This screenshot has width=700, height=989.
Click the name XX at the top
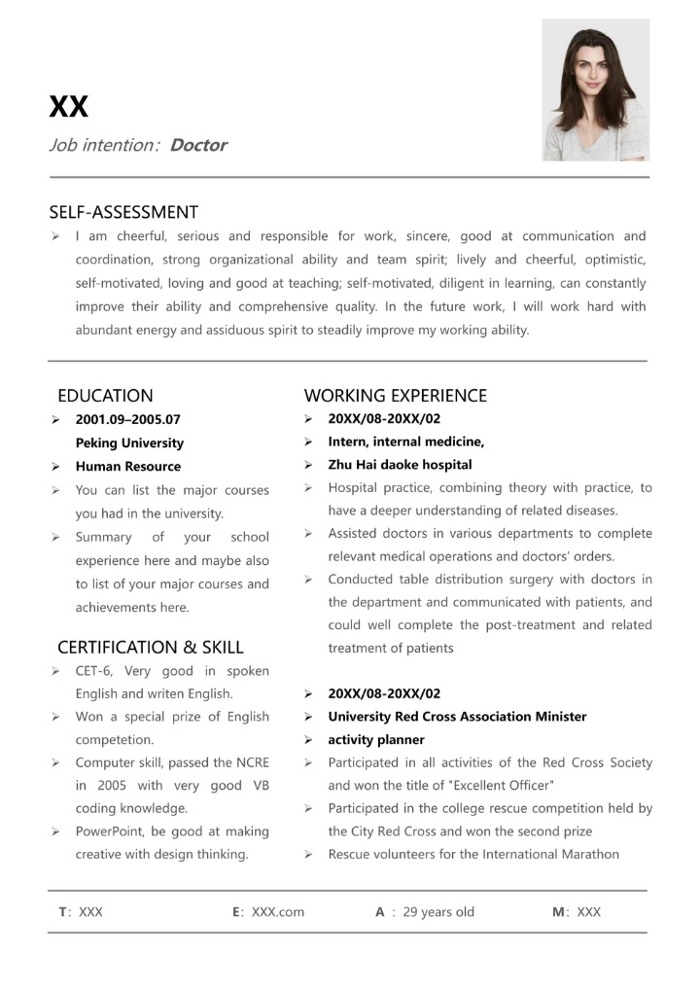tap(68, 106)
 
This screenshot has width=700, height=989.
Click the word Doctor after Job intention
tap(197, 146)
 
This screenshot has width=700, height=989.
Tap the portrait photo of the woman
tap(595, 89)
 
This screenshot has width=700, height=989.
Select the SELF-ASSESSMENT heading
tap(123, 212)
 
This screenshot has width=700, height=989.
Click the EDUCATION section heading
tap(105, 396)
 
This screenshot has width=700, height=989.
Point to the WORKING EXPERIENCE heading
tap(395, 396)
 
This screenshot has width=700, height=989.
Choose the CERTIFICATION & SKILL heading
tap(151, 648)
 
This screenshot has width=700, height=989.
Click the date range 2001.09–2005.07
tap(128, 420)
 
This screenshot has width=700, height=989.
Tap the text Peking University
tap(129, 443)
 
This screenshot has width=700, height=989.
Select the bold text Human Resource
tap(128, 467)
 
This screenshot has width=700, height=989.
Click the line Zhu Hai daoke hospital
tap(400, 465)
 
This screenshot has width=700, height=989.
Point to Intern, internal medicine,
tap(405, 442)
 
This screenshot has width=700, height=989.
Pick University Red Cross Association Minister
tap(457, 717)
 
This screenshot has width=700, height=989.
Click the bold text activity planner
tap(376, 740)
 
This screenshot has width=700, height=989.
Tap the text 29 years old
tap(438, 912)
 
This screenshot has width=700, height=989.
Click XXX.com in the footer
tap(277, 912)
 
